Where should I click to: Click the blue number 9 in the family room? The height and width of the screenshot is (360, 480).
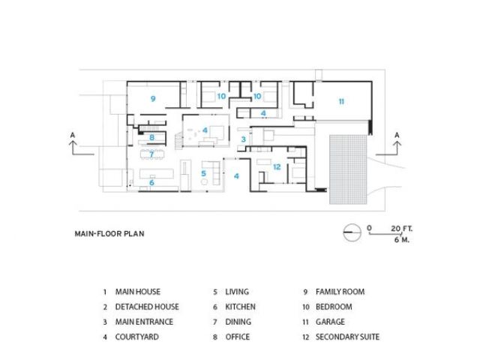(152, 98)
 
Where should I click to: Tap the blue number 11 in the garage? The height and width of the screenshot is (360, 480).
(340, 100)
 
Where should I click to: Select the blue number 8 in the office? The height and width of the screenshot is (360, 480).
(151, 137)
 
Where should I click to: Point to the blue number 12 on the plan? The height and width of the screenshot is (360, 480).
(277, 166)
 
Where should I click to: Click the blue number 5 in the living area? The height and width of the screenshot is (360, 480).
(203, 174)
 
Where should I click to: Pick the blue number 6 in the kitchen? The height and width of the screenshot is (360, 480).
(151, 182)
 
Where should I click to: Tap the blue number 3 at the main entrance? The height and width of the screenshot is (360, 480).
(243, 139)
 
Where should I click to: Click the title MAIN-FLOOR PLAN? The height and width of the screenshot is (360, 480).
(109, 233)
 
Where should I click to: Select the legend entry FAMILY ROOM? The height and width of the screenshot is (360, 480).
(340, 291)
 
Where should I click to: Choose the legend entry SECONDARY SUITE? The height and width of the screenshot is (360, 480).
(347, 337)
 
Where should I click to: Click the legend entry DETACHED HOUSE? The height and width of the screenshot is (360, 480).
(147, 307)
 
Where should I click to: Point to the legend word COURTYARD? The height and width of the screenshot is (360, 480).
(136, 337)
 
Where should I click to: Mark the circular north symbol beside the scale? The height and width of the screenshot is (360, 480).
(350, 232)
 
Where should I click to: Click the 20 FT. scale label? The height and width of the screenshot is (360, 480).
(402, 226)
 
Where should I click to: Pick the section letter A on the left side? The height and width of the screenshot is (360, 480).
(73, 134)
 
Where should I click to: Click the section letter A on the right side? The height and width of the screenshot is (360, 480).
(397, 134)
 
